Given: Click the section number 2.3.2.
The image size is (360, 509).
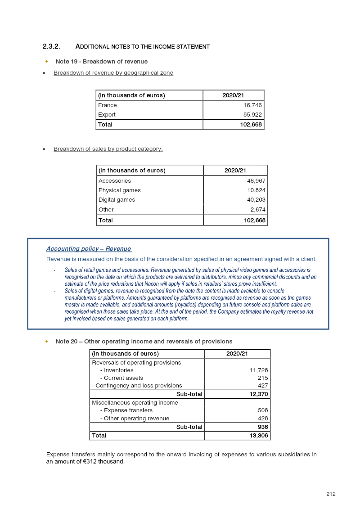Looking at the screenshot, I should (51, 46).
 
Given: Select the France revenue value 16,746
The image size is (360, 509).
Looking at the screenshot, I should (252, 105).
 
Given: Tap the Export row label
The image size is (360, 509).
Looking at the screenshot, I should (107, 115).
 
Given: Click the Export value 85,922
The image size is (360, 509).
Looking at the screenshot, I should (252, 115).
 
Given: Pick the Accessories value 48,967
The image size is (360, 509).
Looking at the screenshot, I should (256, 181).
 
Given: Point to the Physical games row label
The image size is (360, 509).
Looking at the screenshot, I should (119, 190).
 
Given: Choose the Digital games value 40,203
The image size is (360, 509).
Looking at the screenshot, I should (256, 200).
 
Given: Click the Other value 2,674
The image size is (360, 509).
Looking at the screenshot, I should (258, 210).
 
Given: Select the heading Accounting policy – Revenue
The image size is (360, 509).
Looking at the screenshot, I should (89, 249).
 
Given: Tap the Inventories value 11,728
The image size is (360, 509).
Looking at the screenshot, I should (259, 370).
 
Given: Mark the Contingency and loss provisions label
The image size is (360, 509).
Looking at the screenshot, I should (137, 386).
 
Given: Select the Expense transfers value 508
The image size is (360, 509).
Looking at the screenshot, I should (263, 410).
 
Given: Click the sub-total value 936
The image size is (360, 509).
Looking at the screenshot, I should (263, 427).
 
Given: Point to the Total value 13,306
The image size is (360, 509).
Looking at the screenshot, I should (259, 436).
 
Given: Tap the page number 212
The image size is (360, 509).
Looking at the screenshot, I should (331, 494).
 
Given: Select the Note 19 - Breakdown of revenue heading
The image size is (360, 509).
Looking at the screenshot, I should (101, 61).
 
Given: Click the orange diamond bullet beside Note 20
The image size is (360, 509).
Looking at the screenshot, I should (46, 342).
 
